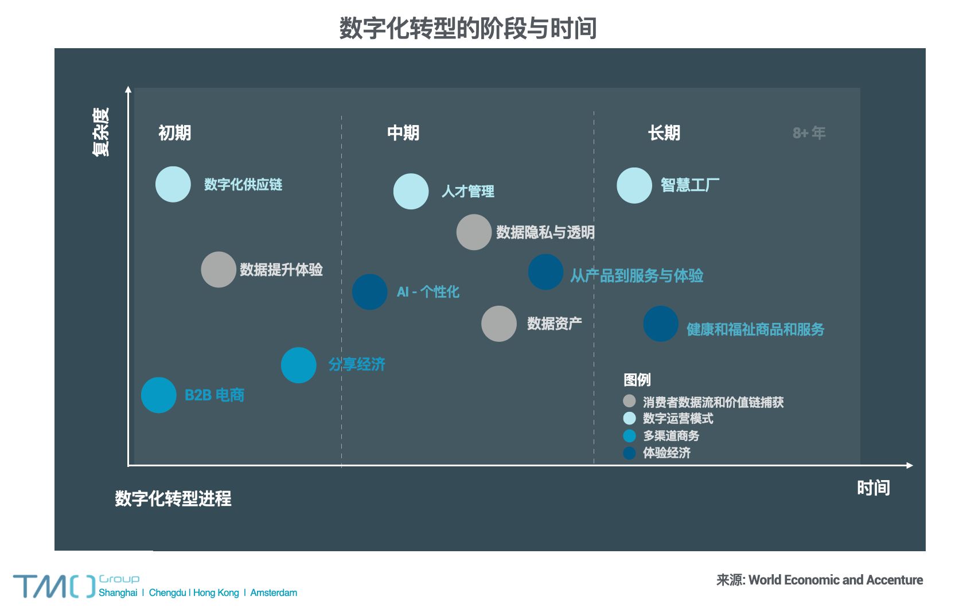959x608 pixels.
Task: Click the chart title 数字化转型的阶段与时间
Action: coord(467,28)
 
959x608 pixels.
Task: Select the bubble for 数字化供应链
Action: coord(173,184)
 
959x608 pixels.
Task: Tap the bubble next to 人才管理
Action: coord(411,191)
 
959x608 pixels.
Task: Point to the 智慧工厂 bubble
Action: coord(634,185)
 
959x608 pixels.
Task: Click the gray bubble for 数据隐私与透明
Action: coord(474,232)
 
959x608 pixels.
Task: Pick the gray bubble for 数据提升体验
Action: coord(219,270)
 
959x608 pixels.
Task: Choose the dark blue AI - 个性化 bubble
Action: coord(369,291)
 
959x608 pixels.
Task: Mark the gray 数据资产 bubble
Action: coord(498,324)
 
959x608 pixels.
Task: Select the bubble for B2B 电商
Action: coord(158,395)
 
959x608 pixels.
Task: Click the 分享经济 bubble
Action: coord(298,365)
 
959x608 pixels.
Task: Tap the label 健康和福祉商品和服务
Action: coord(755,329)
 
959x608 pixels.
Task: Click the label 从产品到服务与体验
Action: coord(636,276)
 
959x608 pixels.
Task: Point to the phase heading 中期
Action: coord(403,133)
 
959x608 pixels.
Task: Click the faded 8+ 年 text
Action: coord(809,133)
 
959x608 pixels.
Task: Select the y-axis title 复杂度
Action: coord(100,131)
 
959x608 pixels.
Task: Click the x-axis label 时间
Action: coord(873,488)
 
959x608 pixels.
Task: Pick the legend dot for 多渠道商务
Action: coord(629,436)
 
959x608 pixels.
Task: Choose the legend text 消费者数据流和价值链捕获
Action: coord(713,402)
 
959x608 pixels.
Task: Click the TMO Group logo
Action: coord(54,586)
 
